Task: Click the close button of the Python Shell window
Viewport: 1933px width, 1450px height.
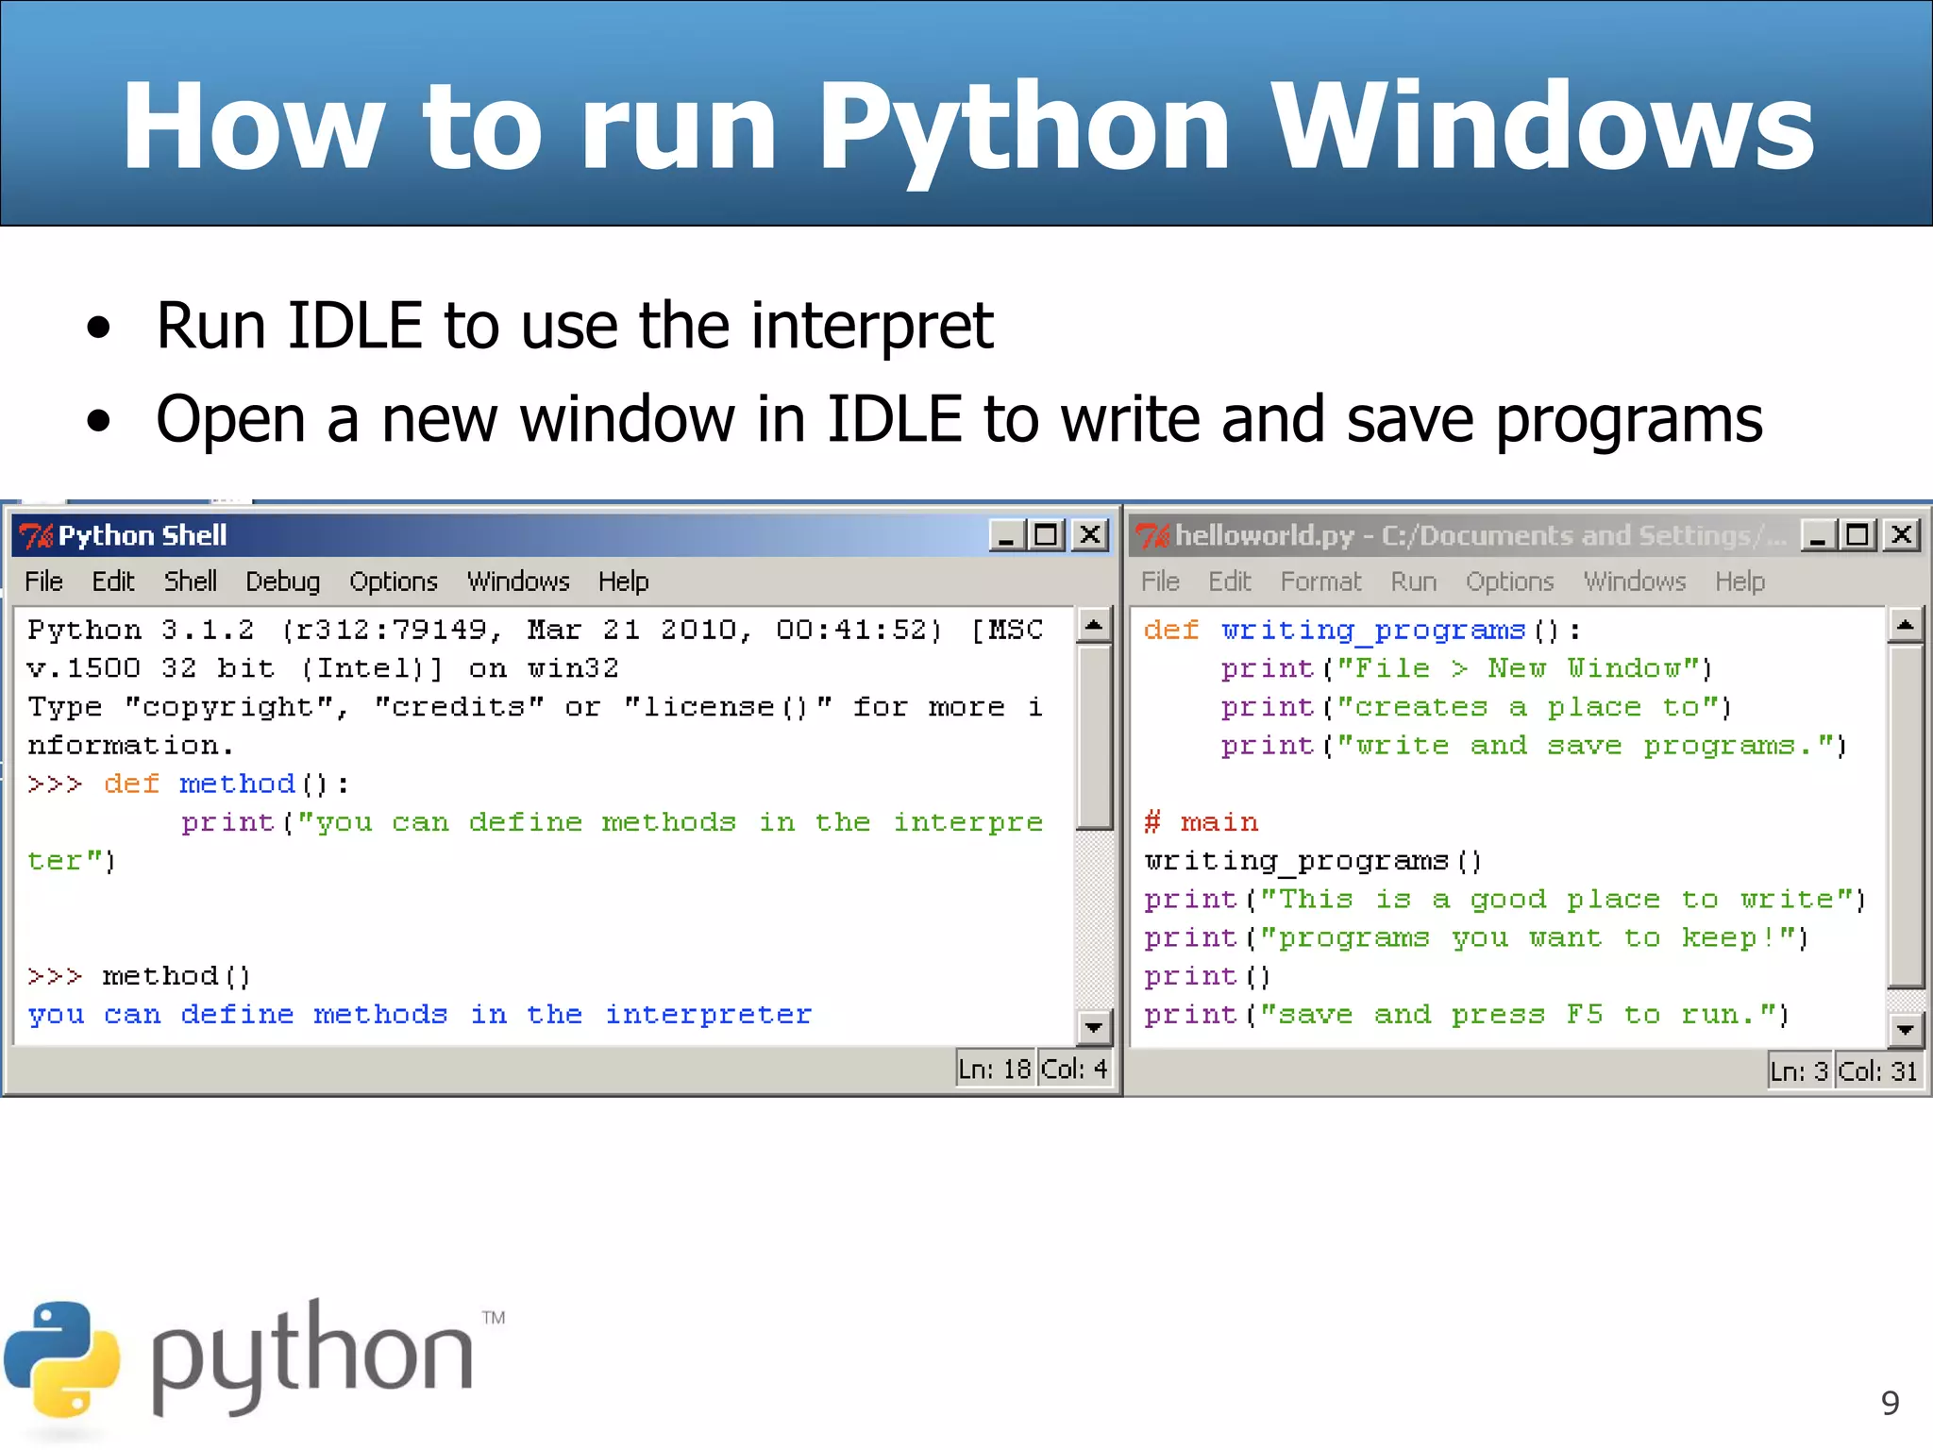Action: (1090, 535)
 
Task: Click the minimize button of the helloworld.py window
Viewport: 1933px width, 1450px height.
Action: (1817, 535)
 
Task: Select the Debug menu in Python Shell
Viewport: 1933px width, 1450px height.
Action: (282, 582)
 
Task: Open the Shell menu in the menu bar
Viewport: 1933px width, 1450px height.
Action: (191, 582)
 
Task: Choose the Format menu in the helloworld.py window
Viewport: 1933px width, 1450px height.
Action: (1320, 582)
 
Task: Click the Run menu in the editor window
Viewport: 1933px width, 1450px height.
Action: (1413, 582)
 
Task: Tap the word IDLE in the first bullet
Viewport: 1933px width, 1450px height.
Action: (355, 326)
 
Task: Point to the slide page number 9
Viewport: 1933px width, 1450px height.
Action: (1890, 1403)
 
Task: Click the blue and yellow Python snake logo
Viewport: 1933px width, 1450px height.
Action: (62, 1360)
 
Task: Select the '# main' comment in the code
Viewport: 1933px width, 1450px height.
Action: (1201, 822)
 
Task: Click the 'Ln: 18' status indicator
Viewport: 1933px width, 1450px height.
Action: (994, 1070)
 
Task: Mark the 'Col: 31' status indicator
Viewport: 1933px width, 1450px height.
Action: (1877, 1071)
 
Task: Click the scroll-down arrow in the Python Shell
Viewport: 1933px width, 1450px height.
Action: (1094, 1026)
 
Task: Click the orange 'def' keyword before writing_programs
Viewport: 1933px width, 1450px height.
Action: (1170, 631)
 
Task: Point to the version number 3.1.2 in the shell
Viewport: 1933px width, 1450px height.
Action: (208, 631)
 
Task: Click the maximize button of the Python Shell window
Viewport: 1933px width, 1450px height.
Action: (1046, 535)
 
